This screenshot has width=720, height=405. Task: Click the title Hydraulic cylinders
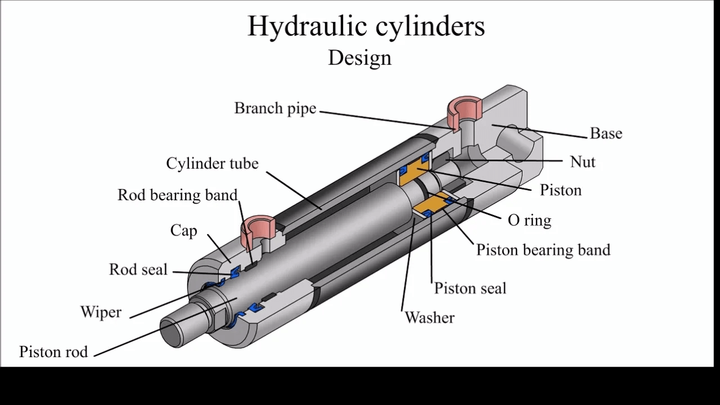click(x=366, y=26)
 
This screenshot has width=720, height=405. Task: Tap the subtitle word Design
click(x=359, y=57)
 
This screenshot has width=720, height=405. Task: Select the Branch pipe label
click(x=275, y=108)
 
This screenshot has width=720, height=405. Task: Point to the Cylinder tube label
click(x=212, y=163)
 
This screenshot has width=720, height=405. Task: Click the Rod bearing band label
click(x=177, y=195)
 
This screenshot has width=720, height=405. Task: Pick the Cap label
click(x=183, y=231)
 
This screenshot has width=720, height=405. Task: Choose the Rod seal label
click(x=138, y=269)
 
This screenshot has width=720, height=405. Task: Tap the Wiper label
click(x=101, y=312)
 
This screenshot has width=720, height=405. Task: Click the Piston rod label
click(x=53, y=352)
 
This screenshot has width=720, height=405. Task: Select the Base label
click(x=606, y=133)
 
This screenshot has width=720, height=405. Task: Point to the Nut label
click(x=582, y=162)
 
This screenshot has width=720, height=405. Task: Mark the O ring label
click(x=529, y=220)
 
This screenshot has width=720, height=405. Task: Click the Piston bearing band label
click(x=543, y=250)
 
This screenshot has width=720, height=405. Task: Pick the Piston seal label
click(x=470, y=289)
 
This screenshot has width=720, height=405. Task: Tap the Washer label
click(x=429, y=318)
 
